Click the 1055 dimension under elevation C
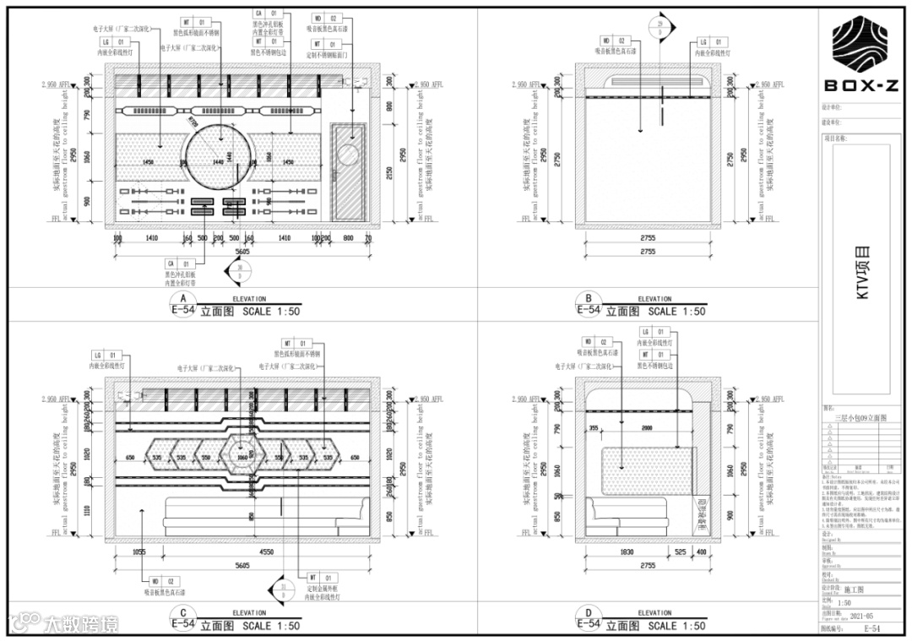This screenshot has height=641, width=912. coord(138,552)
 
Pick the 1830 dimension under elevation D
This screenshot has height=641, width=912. coord(626,552)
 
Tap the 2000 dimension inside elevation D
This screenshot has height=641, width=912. coord(648,429)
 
